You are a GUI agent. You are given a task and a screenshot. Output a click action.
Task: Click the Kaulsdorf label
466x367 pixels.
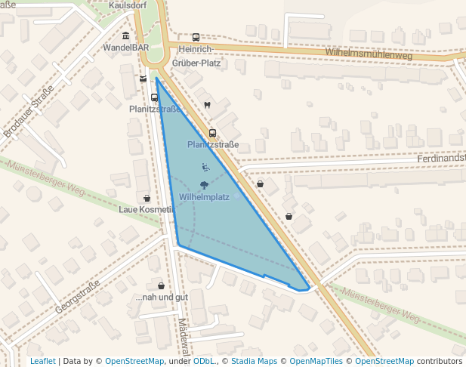coord(127,5)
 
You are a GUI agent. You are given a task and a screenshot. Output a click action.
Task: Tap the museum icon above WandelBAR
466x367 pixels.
coord(125,35)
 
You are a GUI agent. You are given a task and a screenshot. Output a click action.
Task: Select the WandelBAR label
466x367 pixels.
coord(125,47)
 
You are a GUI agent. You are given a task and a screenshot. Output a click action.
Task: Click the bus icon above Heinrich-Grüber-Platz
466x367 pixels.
coord(196,37)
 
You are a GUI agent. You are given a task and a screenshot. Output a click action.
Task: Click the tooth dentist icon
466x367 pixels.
coord(207,105)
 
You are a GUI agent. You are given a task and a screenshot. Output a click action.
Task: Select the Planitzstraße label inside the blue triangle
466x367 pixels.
coord(213,144)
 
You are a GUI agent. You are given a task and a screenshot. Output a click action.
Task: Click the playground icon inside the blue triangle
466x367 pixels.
coord(205,166)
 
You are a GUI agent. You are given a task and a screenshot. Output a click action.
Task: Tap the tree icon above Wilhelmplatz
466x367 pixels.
coord(204,184)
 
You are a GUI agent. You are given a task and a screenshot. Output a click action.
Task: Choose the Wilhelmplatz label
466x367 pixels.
coord(204,197)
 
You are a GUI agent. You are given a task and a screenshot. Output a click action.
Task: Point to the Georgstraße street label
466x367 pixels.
coord(77,297)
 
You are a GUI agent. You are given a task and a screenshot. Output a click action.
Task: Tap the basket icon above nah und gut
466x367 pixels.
coord(161,286)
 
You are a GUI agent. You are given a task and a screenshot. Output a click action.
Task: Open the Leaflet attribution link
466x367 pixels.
coord(42,361)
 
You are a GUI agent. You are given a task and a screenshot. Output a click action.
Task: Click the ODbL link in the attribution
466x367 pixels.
coord(204,361)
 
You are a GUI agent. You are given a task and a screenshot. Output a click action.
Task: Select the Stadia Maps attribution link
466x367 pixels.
coord(254,361)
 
